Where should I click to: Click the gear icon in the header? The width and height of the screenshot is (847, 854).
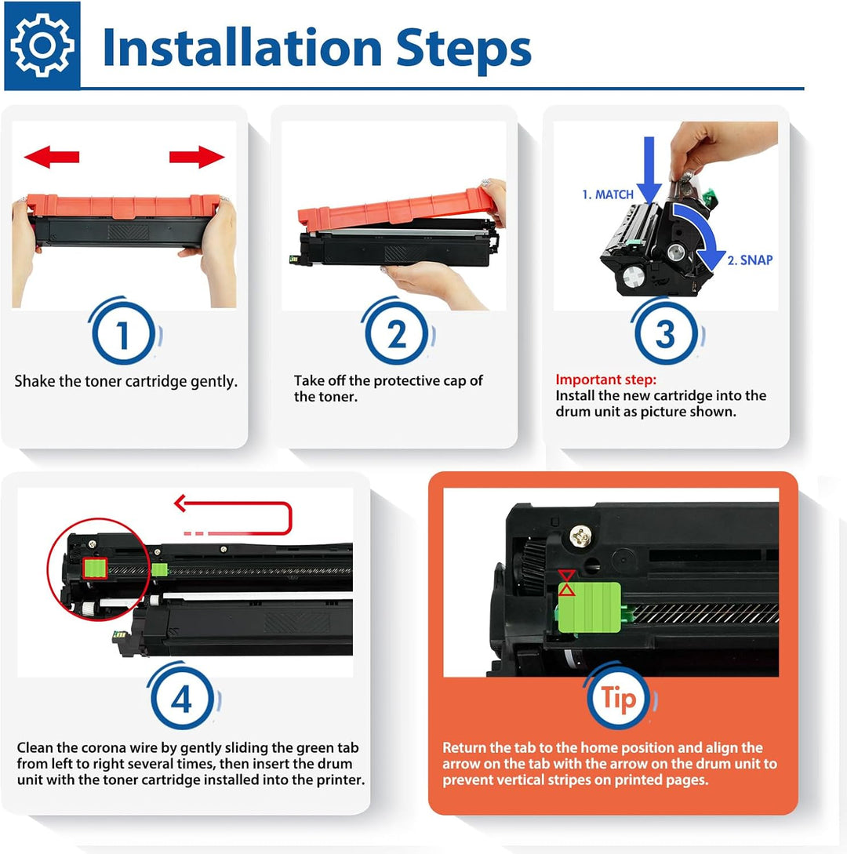[42, 46]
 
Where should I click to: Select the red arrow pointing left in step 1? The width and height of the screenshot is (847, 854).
[52, 157]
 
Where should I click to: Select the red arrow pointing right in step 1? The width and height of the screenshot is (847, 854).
[197, 157]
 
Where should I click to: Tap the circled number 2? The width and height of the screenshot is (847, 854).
[397, 336]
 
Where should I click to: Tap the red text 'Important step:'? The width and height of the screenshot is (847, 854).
[606, 380]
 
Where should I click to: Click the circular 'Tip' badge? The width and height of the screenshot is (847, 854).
[619, 700]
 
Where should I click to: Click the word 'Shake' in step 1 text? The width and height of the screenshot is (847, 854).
[35, 382]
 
